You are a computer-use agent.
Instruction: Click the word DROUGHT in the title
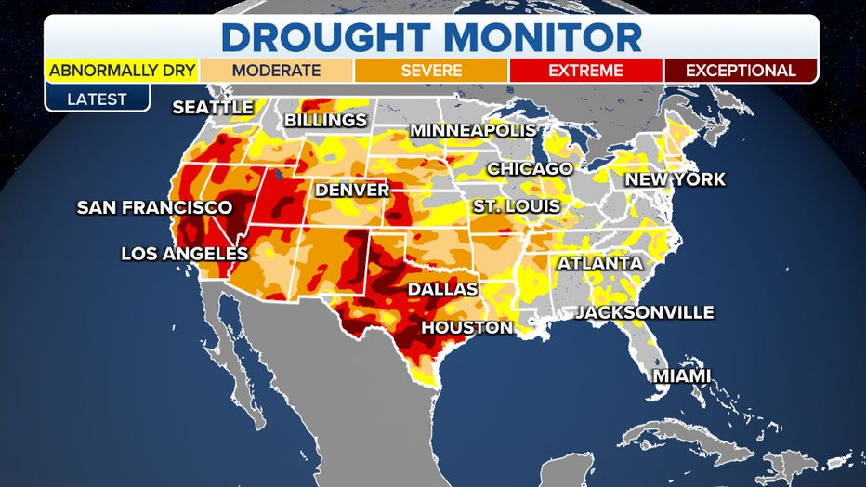313,36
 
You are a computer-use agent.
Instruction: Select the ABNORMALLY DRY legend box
121,71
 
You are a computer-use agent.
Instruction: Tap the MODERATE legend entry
276,71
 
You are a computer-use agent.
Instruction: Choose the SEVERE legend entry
431,71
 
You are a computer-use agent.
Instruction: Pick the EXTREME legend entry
586,71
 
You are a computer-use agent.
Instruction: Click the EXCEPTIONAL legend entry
741,71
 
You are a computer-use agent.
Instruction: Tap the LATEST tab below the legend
98,99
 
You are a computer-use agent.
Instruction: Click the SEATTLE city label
213,108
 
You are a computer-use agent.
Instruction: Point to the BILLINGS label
325,121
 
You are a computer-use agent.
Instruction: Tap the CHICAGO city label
530,168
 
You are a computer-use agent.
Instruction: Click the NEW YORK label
675,179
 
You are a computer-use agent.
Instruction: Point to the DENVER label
352,190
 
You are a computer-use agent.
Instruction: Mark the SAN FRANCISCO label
154,206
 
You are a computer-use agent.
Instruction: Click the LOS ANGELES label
185,253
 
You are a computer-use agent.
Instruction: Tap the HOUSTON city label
466,327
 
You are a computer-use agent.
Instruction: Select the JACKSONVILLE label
644,312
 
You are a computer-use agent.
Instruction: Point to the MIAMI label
681,375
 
